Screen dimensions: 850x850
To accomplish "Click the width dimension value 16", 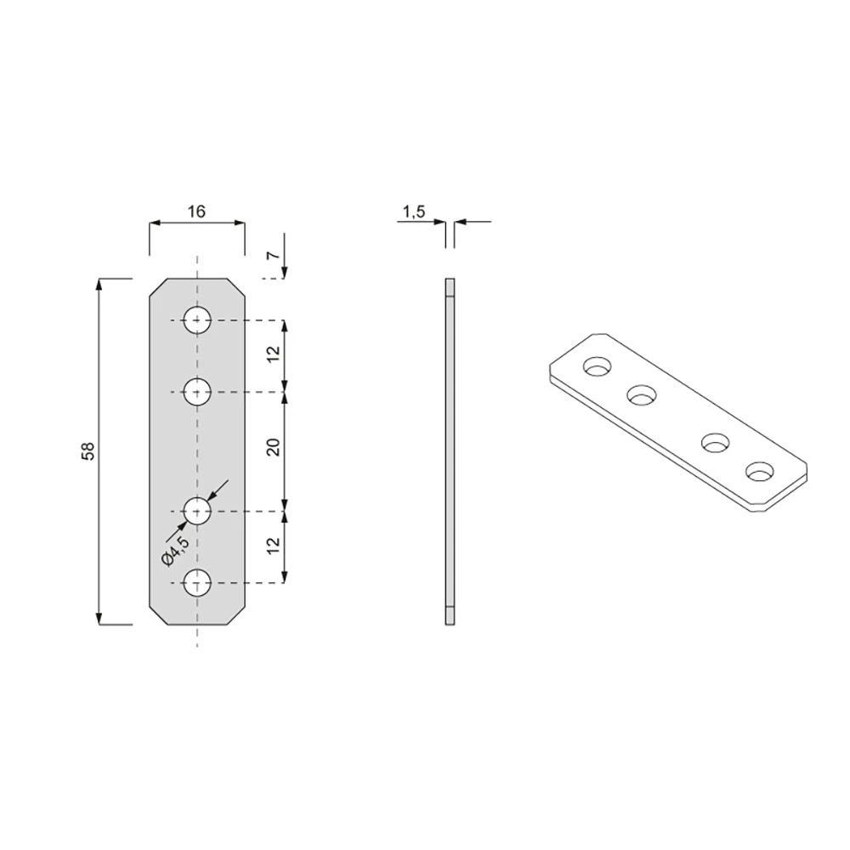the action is (197, 211).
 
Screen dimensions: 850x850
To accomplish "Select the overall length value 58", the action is (88, 451).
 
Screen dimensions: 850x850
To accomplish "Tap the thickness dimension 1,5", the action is (414, 212).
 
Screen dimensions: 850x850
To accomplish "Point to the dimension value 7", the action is (275, 255).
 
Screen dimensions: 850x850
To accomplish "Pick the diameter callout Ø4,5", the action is (175, 550).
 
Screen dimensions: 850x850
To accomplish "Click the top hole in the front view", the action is (197, 320).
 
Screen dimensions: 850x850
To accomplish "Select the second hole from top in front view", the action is (197, 391).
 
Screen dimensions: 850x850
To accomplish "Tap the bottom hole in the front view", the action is (197, 583).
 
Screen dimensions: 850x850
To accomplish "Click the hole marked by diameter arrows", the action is (197, 511).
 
